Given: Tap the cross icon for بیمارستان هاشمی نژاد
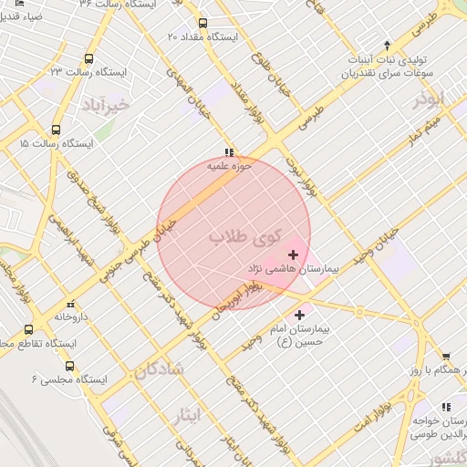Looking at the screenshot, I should pos(293,254).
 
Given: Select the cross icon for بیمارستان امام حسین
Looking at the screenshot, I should pos(300,315).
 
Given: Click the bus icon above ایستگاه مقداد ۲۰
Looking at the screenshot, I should pos(202,23).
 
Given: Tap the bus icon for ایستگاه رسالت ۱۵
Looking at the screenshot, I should pos(57,130).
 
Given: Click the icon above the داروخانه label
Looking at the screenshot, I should pos(70,304).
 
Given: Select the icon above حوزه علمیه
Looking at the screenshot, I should pos(227,153).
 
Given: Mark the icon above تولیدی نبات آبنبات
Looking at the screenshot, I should pos(388,45).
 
